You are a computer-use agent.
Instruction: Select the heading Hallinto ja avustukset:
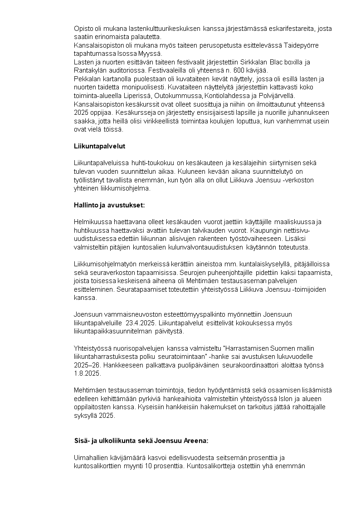(x=109, y=205)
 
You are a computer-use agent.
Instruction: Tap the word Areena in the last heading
(x=193, y=441)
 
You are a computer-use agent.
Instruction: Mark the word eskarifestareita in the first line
(x=290, y=29)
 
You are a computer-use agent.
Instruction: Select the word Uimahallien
(x=91, y=458)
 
